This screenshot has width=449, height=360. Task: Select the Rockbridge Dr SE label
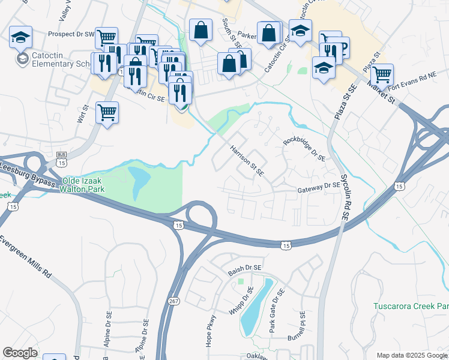tap(304, 149)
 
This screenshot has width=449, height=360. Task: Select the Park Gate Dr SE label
tap(276, 311)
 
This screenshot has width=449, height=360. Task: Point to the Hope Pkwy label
tap(211, 331)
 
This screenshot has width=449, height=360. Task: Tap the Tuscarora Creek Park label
tap(411, 306)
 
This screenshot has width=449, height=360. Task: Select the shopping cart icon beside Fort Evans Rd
tap(382, 75)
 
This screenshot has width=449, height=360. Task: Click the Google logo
tap(20, 353)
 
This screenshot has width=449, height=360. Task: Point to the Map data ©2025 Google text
tap(411, 355)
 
